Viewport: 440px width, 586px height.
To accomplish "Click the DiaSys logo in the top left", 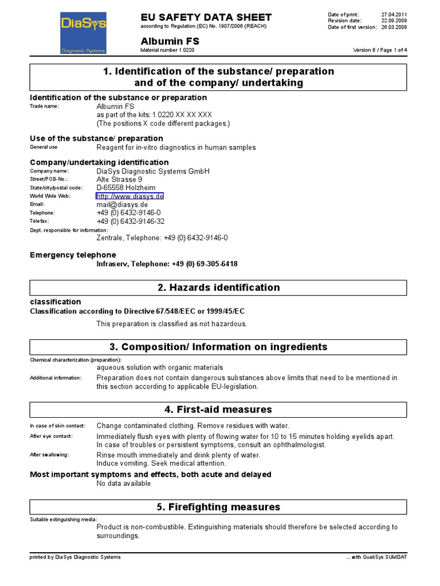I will (x=84, y=34).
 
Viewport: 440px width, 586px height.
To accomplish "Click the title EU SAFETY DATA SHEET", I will (x=206, y=17).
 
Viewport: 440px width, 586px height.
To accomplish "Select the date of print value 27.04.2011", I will (x=394, y=14).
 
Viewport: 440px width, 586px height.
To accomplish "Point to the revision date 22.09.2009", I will (x=394, y=21).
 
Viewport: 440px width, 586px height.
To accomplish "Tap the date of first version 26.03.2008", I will (x=394, y=27).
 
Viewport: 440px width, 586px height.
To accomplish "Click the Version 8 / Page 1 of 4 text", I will (x=380, y=50).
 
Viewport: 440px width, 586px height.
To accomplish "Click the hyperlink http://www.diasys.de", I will (x=130, y=196).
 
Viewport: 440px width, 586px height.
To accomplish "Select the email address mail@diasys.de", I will (x=122, y=204).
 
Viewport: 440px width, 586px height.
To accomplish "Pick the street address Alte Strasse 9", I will (x=120, y=179).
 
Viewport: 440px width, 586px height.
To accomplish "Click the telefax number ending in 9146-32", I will (x=131, y=221).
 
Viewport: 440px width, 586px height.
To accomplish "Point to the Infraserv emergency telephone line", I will (x=167, y=264).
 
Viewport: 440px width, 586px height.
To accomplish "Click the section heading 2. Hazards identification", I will (x=218, y=287).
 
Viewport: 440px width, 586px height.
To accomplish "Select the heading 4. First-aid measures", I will (x=218, y=409).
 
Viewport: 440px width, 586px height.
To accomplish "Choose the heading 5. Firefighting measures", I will (x=218, y=507).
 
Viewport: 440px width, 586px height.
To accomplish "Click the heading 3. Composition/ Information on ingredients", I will (x=218, y=347).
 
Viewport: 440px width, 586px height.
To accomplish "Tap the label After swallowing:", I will (x=49, y=455).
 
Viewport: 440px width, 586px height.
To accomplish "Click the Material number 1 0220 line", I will (x=167, y=50).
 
